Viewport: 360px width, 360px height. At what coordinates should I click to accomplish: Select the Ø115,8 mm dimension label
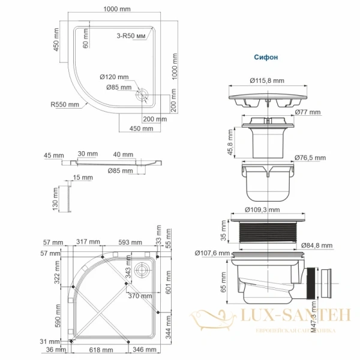264,81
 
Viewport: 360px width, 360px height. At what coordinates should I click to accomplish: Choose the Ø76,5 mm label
310,158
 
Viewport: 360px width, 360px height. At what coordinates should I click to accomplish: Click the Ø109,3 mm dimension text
263,210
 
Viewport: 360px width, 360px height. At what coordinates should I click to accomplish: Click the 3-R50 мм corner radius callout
131,36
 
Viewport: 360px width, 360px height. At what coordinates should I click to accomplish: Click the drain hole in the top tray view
143,94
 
